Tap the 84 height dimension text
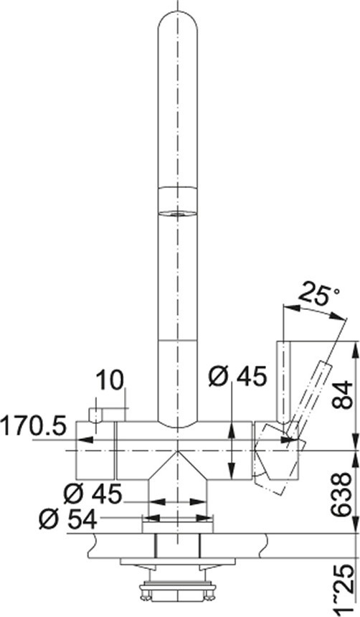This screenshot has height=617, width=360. click(341, 395)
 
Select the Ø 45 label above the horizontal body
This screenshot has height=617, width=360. click(237, 377)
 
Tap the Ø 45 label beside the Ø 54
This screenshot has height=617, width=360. click(93, 494)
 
